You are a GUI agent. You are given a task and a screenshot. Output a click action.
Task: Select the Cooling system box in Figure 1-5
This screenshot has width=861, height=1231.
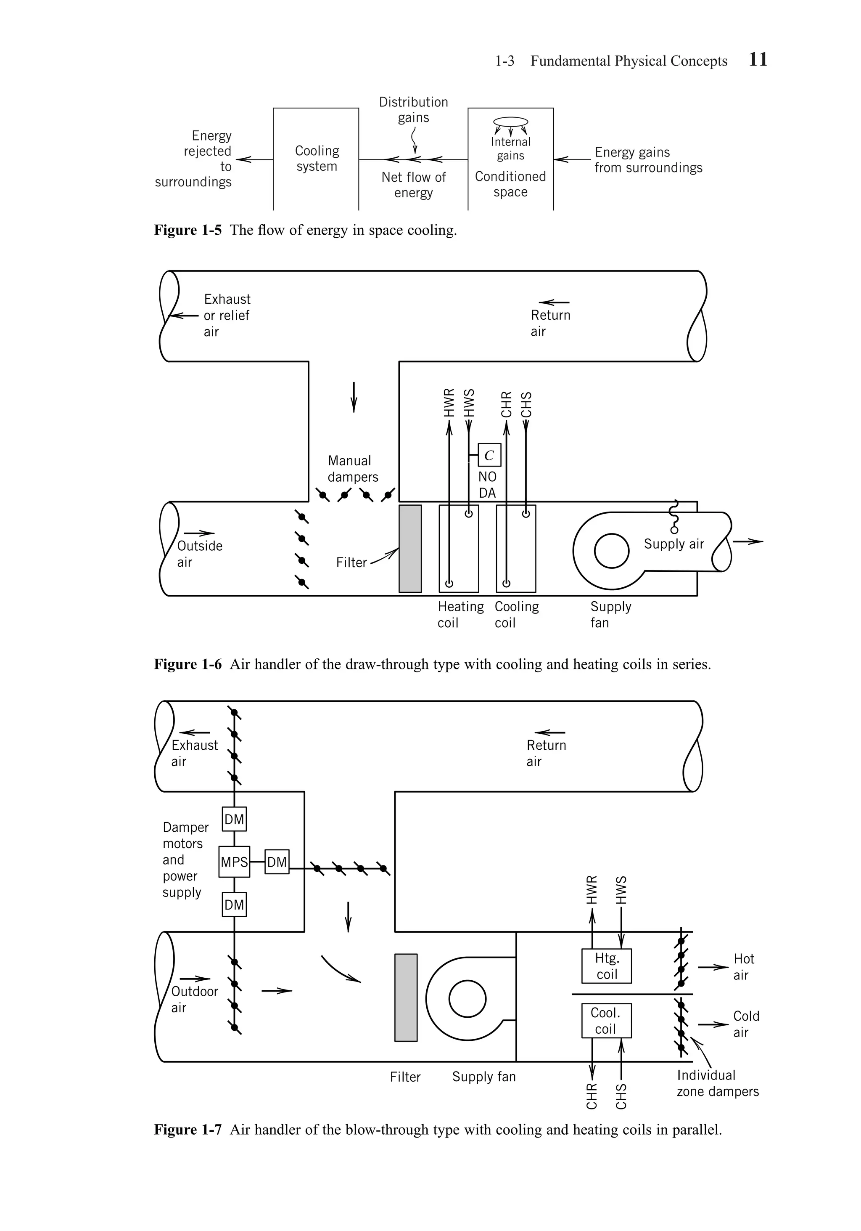click(316, 159)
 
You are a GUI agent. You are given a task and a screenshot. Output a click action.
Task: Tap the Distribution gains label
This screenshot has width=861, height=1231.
click(413, 109)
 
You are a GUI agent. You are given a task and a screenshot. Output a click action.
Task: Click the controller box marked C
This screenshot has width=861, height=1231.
click(489, 455)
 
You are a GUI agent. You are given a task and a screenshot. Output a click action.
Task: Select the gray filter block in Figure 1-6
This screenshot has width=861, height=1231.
click(410, 549)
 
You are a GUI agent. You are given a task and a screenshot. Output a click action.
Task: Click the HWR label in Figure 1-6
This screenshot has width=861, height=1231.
click(449, 403)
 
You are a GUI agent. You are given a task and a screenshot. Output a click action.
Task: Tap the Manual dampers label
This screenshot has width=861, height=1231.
click(353, 469)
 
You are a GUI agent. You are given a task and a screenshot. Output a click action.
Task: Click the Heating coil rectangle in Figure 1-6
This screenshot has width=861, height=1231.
click(459, 549)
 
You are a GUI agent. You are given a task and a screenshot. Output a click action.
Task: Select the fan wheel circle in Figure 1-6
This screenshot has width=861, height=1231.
click(611, 551)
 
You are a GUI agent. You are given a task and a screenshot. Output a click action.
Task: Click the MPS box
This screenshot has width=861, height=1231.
click(234, 862)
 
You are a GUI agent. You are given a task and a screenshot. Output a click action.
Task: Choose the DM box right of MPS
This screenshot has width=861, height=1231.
click(277, 862)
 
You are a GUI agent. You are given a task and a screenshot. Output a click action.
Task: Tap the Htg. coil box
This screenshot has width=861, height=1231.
click(607, 966)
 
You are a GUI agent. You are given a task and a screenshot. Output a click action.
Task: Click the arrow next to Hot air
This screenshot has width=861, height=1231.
click(713, 967)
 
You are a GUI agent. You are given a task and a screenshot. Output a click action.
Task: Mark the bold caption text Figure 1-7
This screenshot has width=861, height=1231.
click(188, 1130)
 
